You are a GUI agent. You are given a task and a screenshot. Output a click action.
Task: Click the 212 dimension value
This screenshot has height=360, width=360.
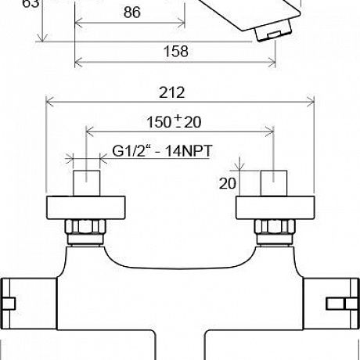click(172, 92)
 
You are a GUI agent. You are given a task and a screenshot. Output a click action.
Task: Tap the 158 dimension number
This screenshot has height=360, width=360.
click(175, 51)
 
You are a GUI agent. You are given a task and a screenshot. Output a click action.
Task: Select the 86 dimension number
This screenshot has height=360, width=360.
click(131, 13)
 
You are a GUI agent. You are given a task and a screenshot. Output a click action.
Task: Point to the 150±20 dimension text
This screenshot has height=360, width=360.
click(174, 122)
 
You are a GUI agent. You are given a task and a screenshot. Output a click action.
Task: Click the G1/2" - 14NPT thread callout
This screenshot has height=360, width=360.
click(162, 151)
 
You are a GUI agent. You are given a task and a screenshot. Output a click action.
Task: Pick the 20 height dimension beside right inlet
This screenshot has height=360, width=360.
click(228, 183)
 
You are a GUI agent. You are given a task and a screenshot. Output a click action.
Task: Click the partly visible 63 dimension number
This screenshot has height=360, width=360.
click(31, 3)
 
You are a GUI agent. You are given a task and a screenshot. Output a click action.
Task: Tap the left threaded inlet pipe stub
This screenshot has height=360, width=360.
click(87, 183)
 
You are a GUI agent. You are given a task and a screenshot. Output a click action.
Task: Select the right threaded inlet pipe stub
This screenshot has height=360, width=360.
click(274, 183)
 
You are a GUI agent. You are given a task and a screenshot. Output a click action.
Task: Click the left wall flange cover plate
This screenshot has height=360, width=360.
click(86, 207)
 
